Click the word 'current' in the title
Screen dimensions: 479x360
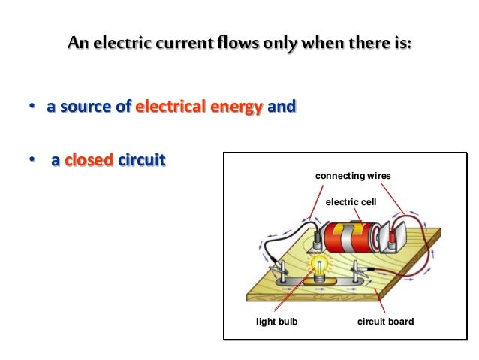[185, 43]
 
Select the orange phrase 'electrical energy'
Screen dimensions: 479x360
[199, 107]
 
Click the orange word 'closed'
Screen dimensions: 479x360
[89, 160]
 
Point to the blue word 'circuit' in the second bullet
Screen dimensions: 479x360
[141, 160]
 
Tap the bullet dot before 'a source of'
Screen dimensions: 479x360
[32, 106]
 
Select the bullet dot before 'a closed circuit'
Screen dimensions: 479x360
[32, 159]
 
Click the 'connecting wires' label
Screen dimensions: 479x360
[353, 176]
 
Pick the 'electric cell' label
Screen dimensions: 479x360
[351, 202]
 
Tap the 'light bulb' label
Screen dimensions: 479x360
[277, 322]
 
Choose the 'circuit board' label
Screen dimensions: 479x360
[385, 322]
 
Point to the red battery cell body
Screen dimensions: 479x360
[351, 237]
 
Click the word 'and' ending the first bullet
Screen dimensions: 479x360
[282, 107]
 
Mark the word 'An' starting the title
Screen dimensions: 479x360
[79, 43]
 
